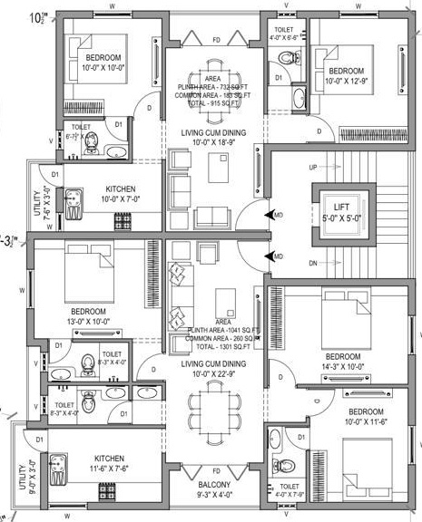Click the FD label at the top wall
(x=216, y=40)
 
